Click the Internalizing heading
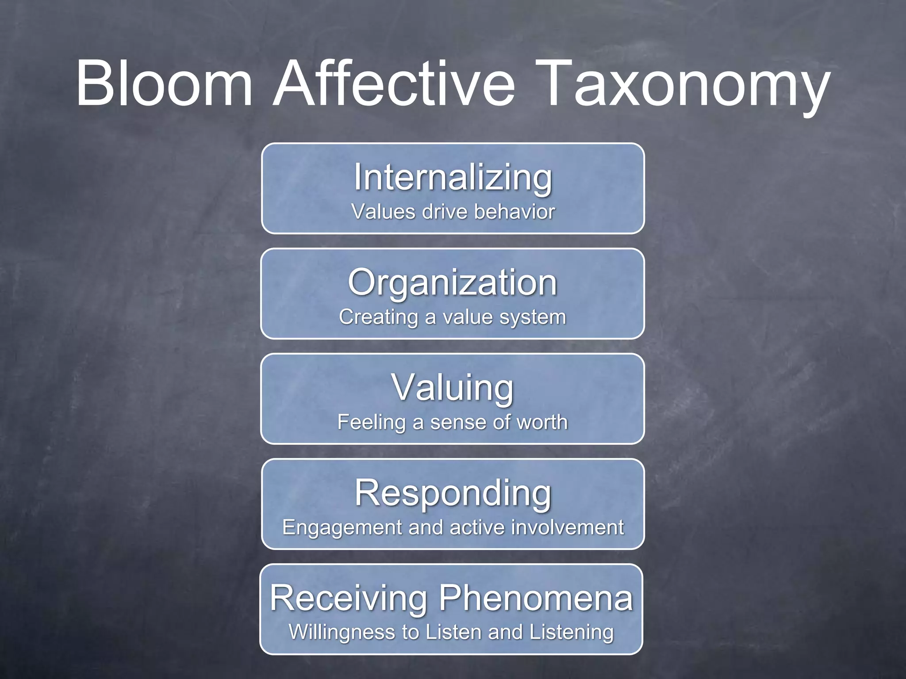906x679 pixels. tap(453, 178)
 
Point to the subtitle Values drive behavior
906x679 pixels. tap(453, 211)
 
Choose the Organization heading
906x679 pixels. tap(452, 283)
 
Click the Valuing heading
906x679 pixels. tap(452, 388)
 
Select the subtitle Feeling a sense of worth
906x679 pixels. tap(452, 422)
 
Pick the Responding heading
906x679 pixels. tap(453, 494)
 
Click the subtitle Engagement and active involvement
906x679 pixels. tap(453, 527)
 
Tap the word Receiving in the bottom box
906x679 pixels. tap(349, 598)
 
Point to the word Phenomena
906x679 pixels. tap(536, 598)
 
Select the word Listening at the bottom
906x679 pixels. tap(572, 633)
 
